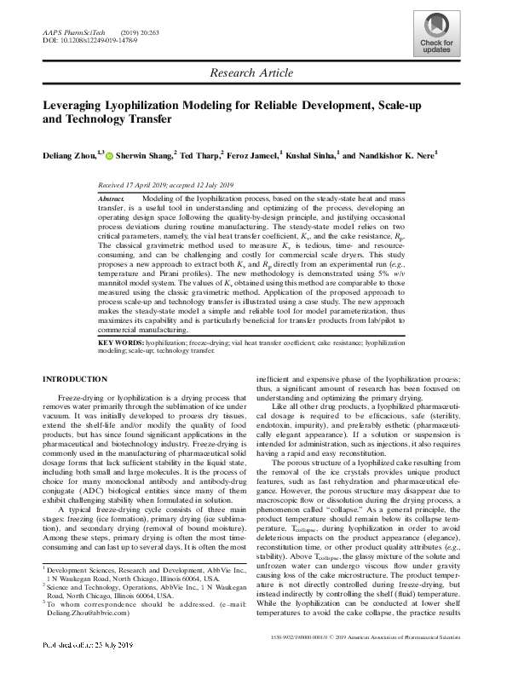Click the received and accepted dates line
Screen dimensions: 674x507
point(167,184)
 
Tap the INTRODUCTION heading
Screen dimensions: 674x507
point(78,401)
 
